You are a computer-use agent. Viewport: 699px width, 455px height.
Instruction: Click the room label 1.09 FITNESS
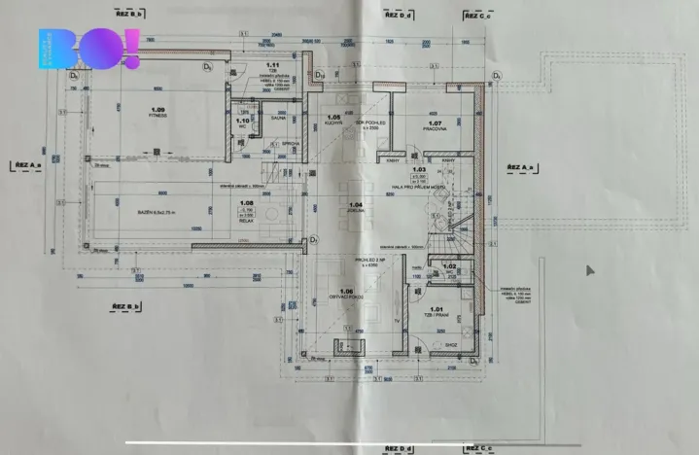[x=157, y=112]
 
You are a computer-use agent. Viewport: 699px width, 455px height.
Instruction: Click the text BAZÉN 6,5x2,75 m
[x=151, y=211]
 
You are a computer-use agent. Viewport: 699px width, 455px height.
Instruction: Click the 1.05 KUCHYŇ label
[x=332, y=122]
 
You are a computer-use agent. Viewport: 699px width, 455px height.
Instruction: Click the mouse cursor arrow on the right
[x=587, y=271]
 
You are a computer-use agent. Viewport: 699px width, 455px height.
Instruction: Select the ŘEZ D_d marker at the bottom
[x=399, y=449]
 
